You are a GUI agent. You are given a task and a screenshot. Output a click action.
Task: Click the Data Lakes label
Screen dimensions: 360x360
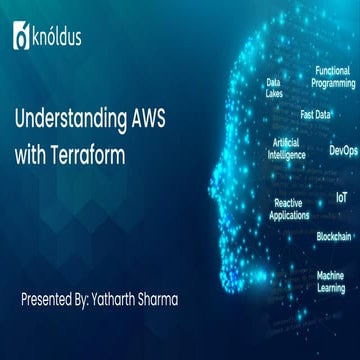coord(273,88)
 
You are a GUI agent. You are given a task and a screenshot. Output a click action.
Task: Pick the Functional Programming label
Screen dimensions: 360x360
coord(334,77)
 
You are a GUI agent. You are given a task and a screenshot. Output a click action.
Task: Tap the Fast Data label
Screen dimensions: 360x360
coord(315,114)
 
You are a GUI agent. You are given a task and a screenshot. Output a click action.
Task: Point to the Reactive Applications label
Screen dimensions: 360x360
coord(288,208)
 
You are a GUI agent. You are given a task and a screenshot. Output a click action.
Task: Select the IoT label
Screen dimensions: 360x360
coord(342,198)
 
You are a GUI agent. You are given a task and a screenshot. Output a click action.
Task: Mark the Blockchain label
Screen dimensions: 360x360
coord(333,237)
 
